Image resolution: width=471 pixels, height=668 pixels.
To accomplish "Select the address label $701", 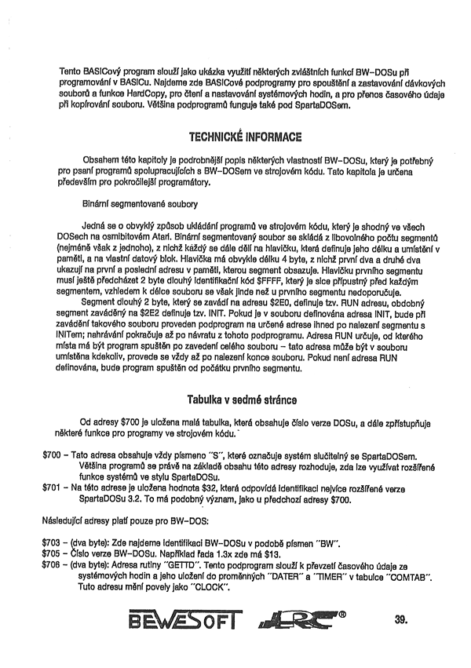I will click(53, 488).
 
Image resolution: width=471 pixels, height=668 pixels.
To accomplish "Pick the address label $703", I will click(53, 542).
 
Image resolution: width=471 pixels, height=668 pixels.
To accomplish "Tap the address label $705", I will click(53, 553).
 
